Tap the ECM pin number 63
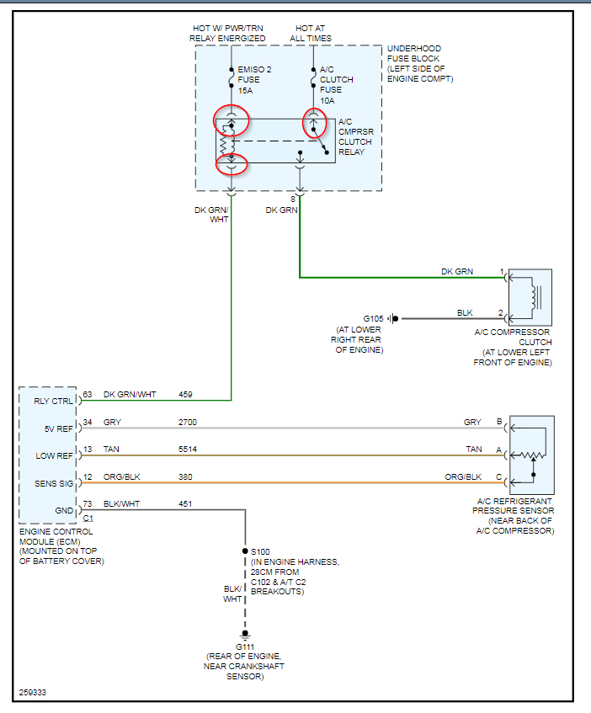[x=87, y=394]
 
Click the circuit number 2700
[x=188, y=422]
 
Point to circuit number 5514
[x=188, y=450]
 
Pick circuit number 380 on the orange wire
[x=185, y=477]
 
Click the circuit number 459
[x=185, y=394]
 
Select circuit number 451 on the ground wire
[x=185, y=504]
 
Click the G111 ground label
[x=245, y=646]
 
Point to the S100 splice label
[x=261, y=551]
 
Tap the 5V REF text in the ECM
[x=57, y=428]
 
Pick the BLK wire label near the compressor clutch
[x=465, y=312]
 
